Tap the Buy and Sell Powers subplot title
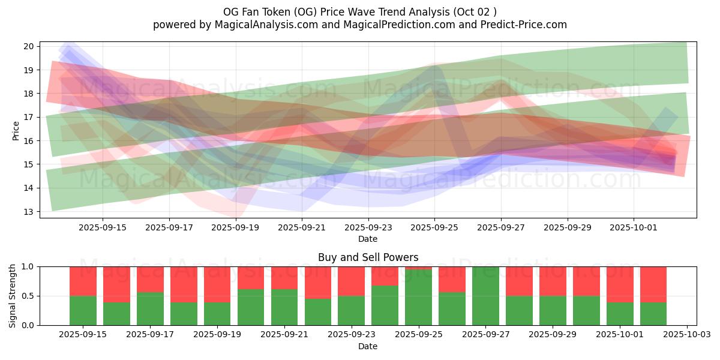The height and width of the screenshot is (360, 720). coord(368,257)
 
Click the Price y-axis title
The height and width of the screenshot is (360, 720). coord(16,129)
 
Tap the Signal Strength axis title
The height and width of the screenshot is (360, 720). coord(13,296)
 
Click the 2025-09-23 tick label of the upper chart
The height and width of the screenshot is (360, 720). coord(368,227)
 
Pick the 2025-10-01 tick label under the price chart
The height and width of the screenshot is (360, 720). coord(634,227)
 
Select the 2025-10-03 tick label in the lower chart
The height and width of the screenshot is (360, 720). coord(686,335)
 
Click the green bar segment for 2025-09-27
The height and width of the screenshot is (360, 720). coord(485,296)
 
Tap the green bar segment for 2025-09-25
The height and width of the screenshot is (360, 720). coord(418,298)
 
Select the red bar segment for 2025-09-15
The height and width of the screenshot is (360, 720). coord(83,281)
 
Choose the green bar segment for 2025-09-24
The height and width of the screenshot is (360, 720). coord(385,305)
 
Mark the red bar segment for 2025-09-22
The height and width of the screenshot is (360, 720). coord(318,283)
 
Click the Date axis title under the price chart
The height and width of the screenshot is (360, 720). coord(368,239)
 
